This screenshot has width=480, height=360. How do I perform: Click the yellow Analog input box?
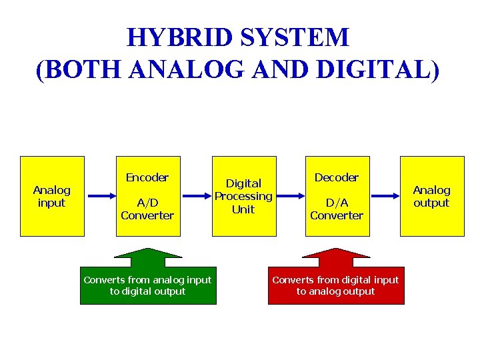pyautogui.click(x=52, y=196)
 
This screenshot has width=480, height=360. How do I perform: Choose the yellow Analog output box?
pyautogui.click(x=432, y=196)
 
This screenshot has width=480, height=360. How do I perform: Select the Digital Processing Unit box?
pyautogui.click(x=243, y=196)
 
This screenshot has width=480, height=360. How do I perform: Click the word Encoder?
pyautogui.click(x=147, y=177)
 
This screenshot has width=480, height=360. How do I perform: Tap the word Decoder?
pyautogui.click(x=337, y=177)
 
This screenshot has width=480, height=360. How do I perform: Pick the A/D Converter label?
pyautogui.click(x=147, y=209)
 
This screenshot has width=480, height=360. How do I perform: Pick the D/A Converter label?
pyautogui.click(x=337, y=209)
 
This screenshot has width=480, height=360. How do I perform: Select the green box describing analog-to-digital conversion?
pyautogui.click(x=148, y=286)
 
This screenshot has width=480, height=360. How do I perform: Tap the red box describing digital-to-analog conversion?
pyautogui.click(x=336, y=286)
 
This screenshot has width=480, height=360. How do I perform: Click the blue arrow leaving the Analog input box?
pyautogui.click(x=102, y=196)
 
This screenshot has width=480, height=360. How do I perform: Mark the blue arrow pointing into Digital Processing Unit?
pyautogui.click(x=196, y=196)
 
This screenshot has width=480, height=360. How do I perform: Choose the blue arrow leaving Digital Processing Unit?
pyautogui.click(x=291, y=196)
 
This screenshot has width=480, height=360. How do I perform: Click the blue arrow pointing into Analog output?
pyautogui.click(x=386, y=196)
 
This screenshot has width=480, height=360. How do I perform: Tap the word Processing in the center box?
pyautogui.click(x=243, y=196)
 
